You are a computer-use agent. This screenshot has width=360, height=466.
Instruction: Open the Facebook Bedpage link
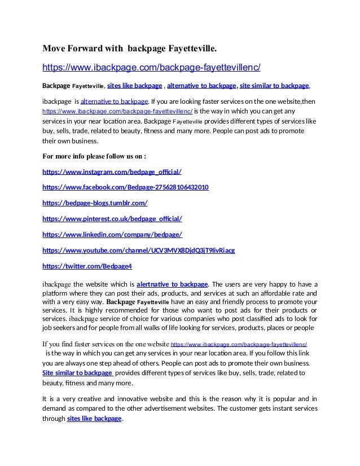click(x=126, y=187)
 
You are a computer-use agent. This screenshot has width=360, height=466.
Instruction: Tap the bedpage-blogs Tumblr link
click(x=95, y=203)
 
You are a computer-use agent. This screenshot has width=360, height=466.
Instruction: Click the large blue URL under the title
click(x=152, y=68)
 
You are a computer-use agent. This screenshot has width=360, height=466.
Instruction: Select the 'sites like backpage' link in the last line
click(x=94, y=419)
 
